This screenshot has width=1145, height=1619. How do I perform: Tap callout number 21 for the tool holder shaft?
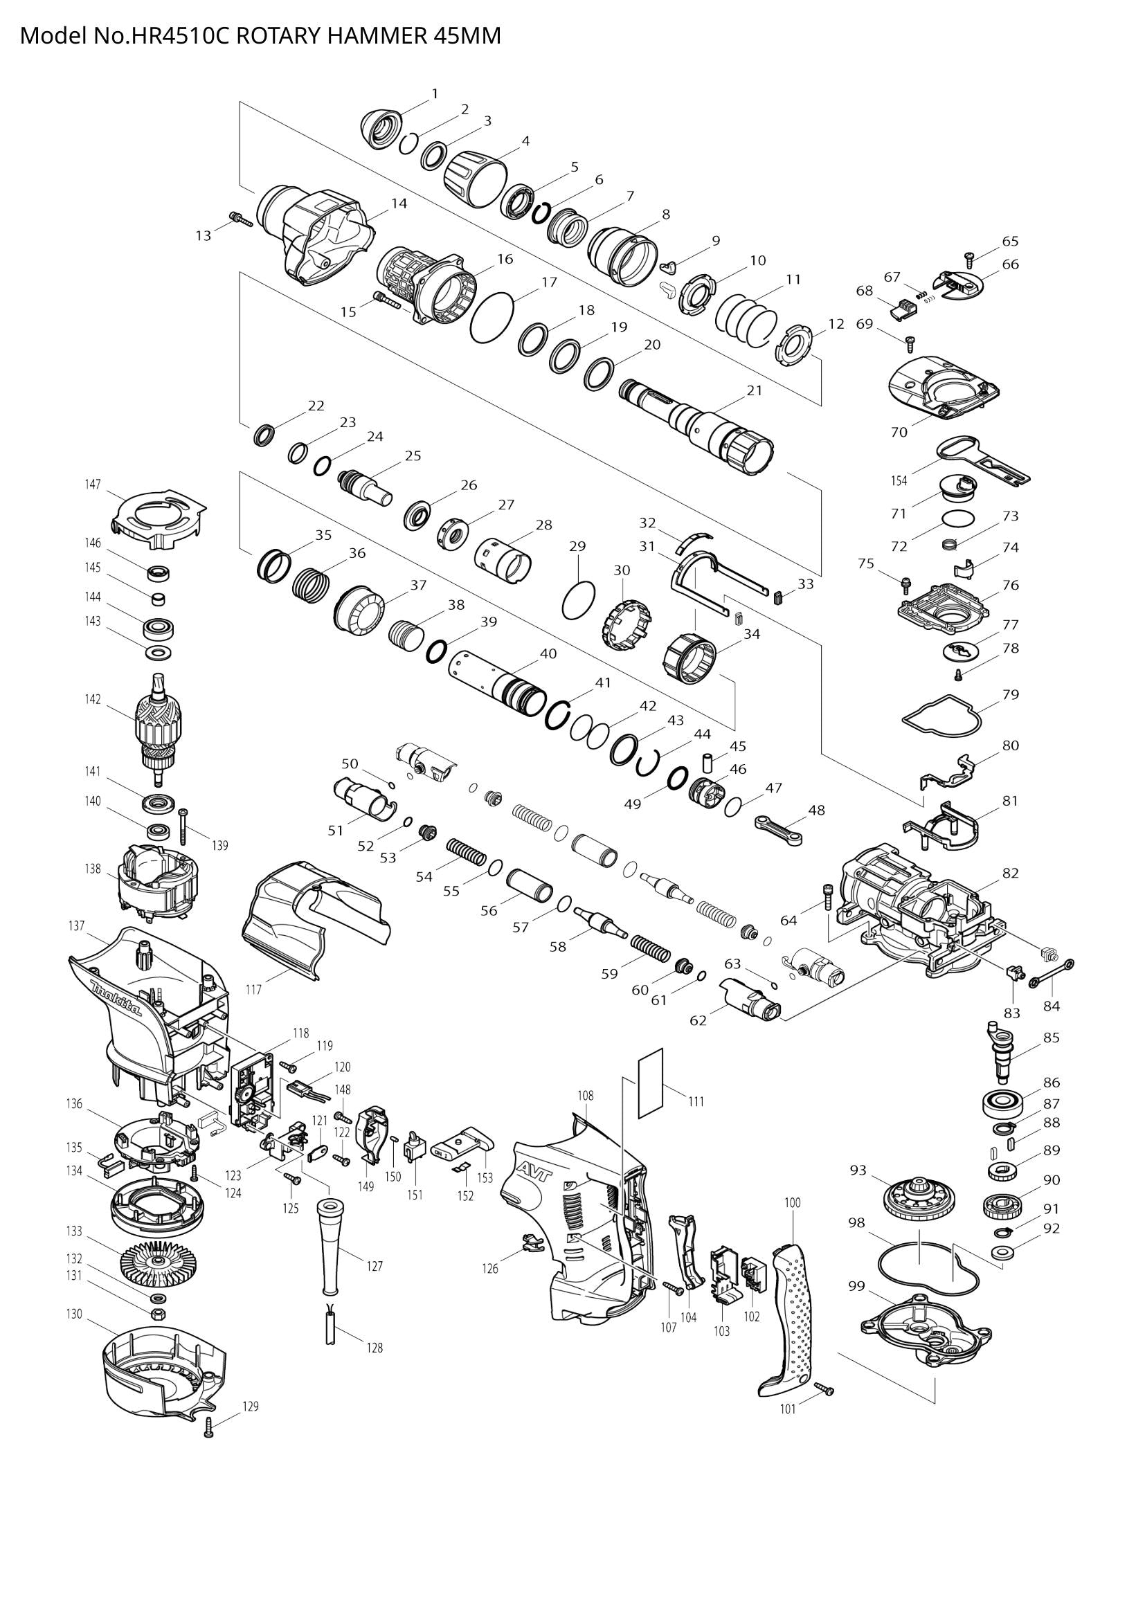755,390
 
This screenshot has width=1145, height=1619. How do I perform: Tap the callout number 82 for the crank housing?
1010,873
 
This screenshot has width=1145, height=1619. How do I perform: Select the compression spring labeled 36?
311,584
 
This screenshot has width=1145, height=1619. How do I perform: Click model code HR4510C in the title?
181,35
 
